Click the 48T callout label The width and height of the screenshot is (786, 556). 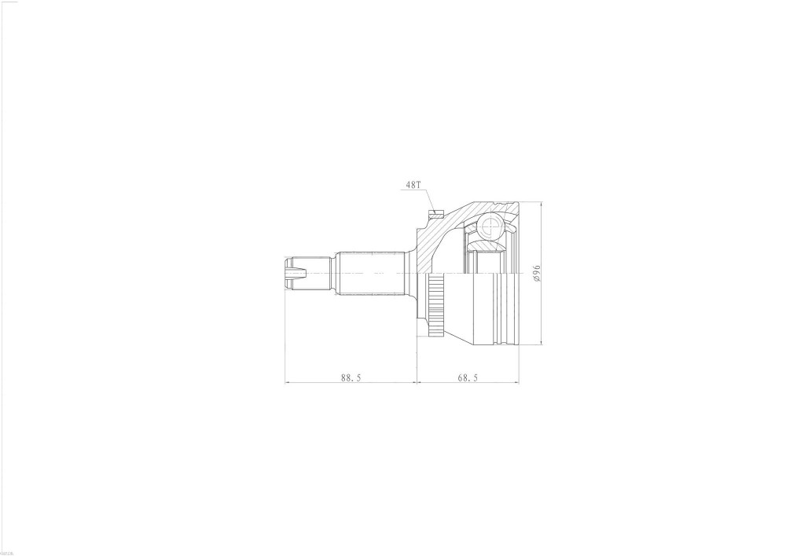[413, 185]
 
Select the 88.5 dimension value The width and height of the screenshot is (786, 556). [351, 377]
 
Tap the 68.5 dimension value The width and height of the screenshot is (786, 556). [467, 377]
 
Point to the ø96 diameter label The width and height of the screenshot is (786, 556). [536, 273]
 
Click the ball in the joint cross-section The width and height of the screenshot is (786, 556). [489, 226]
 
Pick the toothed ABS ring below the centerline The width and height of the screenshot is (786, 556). [435, 304]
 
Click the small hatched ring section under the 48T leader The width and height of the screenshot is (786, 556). [434, 215]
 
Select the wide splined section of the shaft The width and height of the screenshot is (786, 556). [371, 273]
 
